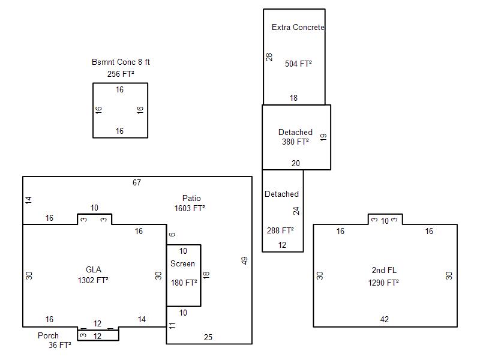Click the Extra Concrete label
(298, 27)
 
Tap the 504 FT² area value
(298, 64)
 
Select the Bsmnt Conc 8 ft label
(121, 62)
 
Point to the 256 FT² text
(121, 74)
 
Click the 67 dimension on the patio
(137, 182)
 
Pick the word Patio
(191, 198)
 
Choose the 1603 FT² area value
(190, 208)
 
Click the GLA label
(94, 269)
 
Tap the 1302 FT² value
(93, 280)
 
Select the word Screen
(182, 263)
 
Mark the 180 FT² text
(184, 283)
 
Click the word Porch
(48, 335)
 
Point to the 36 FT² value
(59, 346)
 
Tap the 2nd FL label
(384, 270)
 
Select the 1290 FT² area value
(383, 283)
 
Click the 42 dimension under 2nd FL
(384, 319)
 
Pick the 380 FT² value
(295, 142)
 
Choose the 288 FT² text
(280, 230)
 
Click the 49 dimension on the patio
(244, 260)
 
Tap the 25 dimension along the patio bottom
(208, 337)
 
